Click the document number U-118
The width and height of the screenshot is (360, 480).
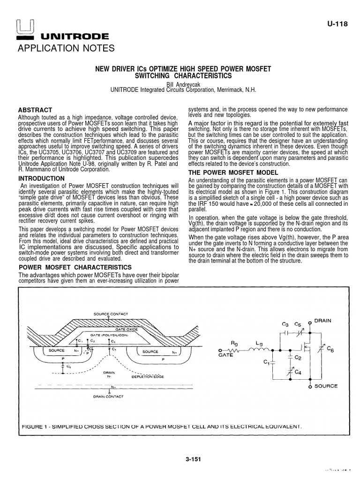(x=337, y=24)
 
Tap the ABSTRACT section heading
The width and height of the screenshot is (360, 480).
(x=35, y=110)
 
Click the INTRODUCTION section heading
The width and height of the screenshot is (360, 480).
(x=41, y=179)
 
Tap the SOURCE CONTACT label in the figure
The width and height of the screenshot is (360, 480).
(x=111, y=314)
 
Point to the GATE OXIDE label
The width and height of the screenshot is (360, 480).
(x=122, y=330)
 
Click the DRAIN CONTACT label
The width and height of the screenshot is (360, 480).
(x=108, y=397)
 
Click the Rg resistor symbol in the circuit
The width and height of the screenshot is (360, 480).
(x=233, y=350)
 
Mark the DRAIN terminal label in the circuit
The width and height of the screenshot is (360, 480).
(x=322, y=321)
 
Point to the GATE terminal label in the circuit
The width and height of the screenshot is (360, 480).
(x=225, y=356)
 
